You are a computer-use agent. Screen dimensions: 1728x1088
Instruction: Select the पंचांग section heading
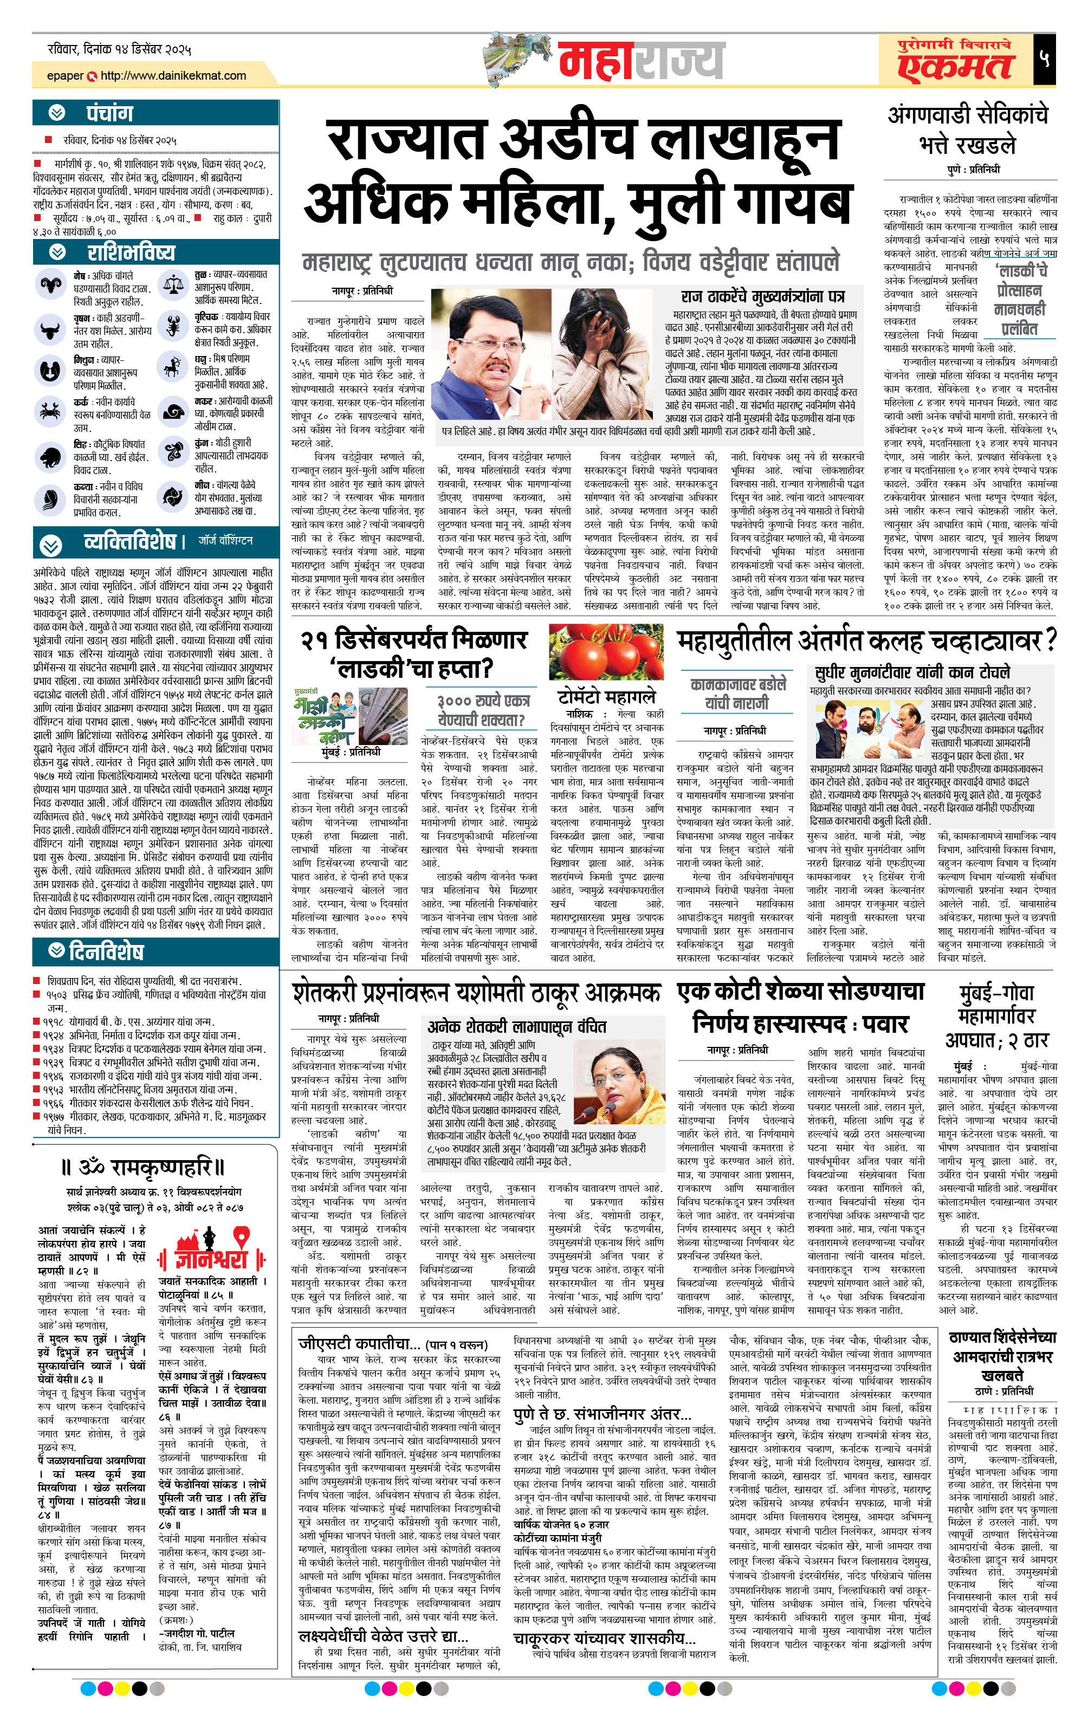coord(109,113)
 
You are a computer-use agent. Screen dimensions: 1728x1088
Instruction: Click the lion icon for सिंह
coord(49,456)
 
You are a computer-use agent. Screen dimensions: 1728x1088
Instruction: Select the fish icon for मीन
coord(172,496)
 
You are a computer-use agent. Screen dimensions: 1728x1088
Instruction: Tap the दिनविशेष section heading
coord(106,952)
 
